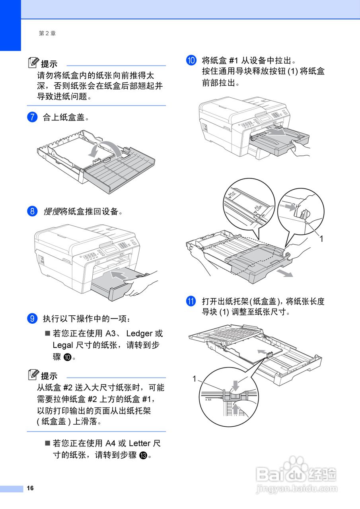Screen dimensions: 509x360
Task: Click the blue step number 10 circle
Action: coord(191,61)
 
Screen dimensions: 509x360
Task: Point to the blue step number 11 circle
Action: coord(191,301)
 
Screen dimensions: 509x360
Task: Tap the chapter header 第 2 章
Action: coord(47,33)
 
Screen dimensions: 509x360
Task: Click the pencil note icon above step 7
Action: coord(33,63)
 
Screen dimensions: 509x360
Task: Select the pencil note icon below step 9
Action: coord(33,375)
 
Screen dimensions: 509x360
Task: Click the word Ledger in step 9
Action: coord(140,334)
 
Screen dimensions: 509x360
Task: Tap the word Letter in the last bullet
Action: coord(140,443)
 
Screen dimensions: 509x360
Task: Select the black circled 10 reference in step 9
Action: coord(67,357)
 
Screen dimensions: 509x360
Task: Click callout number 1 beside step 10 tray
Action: coord(321,239)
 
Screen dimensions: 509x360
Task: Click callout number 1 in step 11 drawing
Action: coord(195,379)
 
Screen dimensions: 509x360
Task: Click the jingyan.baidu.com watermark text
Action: coord(296,488)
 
